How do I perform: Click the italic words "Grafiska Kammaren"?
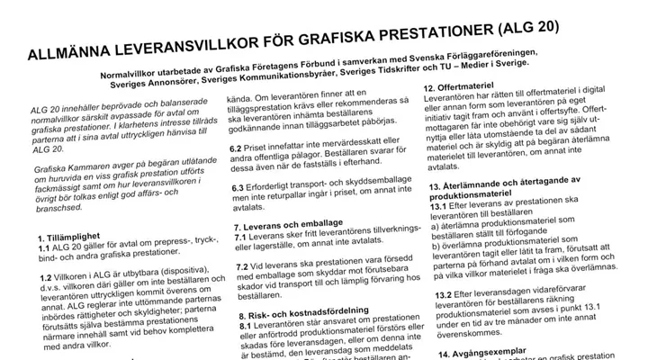tap(75, 167)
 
